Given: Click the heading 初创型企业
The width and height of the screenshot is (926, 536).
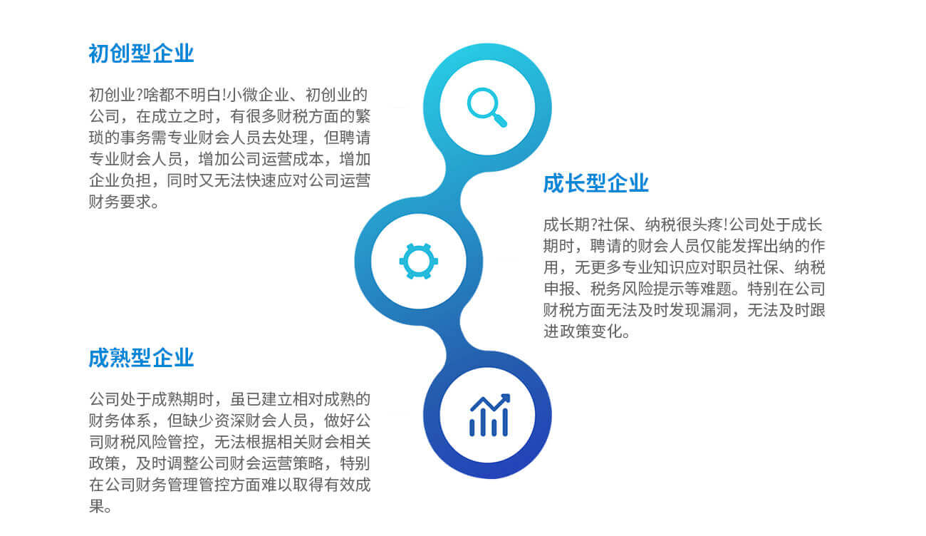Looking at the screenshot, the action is point(141,53).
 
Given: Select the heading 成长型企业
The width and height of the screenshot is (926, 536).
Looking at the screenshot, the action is point(595,183).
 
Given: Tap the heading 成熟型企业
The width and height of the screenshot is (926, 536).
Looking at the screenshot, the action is point(141,358).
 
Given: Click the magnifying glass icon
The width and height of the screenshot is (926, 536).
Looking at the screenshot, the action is point(487,107).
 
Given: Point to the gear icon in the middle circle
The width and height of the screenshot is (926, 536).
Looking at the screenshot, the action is point(418,262).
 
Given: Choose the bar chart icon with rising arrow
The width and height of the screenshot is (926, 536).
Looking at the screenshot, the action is point(489,415).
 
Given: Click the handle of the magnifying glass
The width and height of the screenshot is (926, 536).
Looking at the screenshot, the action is point(500,120).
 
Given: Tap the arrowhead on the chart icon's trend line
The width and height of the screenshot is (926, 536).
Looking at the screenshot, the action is point(506,398).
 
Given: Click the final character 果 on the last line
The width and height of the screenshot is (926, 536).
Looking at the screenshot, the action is point(96,506).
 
